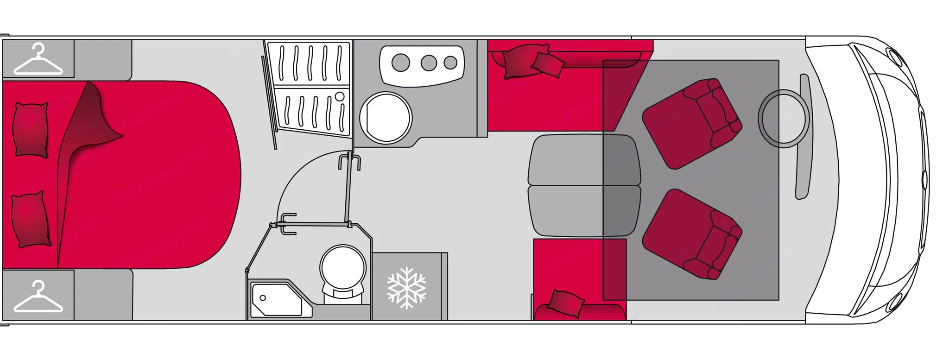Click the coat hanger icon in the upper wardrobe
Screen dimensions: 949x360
point(38,59)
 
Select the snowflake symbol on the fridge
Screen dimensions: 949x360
point(406,288)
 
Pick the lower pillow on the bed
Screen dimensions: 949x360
point(31,219)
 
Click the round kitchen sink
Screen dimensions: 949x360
point(386,117)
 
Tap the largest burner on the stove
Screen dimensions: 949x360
point(401,62)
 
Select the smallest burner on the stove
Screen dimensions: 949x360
point(450,62)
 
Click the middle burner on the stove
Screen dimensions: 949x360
point(429,62)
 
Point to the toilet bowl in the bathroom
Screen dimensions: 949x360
point(343,268)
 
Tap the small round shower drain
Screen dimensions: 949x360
point(341,96)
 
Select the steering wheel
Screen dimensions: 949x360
point(784,119)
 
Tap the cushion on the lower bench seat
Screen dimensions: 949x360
point(565,303)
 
